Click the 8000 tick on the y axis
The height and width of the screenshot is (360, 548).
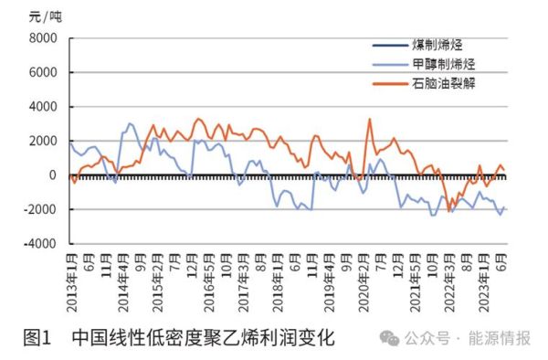42,38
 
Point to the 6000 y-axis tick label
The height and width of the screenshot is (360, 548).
42,72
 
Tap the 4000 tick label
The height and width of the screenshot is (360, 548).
42,107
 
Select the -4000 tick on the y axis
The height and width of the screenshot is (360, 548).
39,244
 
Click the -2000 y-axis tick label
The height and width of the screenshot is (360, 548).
39,210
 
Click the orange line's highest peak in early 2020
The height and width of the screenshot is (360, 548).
369,119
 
